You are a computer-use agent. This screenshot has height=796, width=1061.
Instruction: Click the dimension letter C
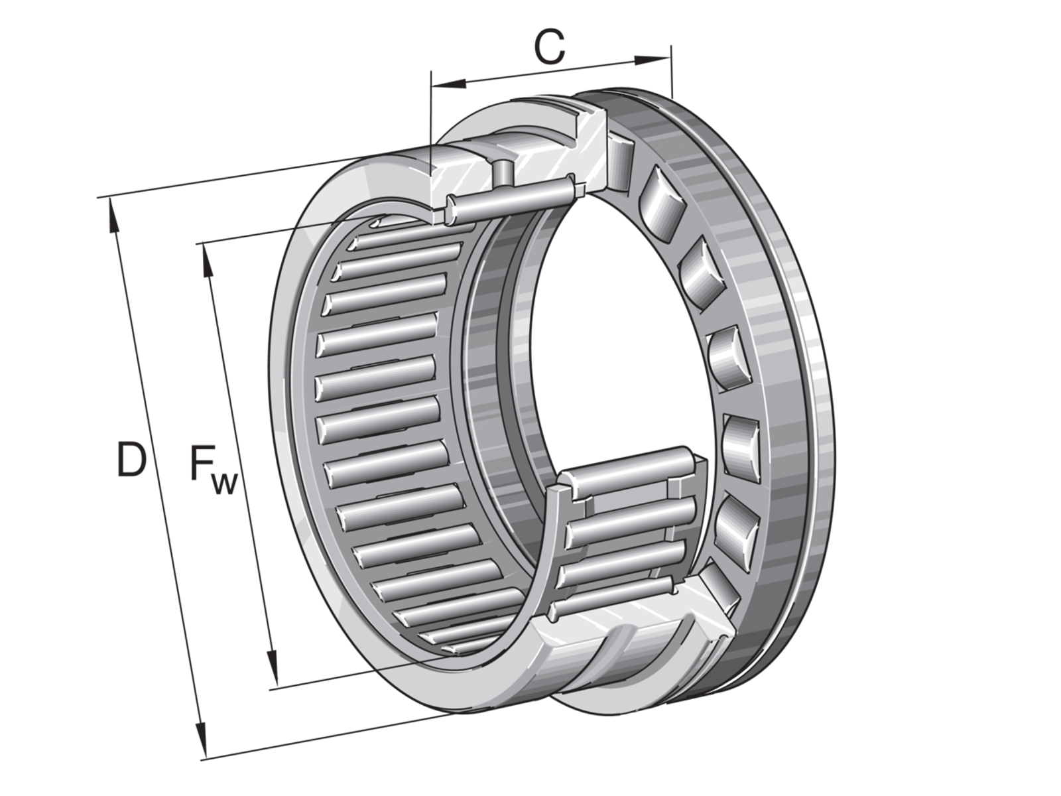pyautogui.click(x=550, y=47)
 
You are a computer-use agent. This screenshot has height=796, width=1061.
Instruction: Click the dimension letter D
pyautogui.click(x=131, y=459)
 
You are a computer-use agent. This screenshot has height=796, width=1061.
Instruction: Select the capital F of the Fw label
pyautogui.click(x=202, y=463)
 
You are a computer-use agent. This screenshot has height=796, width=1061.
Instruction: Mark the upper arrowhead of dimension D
pyautogui.click(x=113, y=216)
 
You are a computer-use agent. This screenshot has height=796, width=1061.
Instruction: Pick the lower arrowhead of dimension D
pyautogui.click(x=201, y=740)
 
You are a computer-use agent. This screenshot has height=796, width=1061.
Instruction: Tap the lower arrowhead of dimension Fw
pyautogui.click(x=273, y=667)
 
